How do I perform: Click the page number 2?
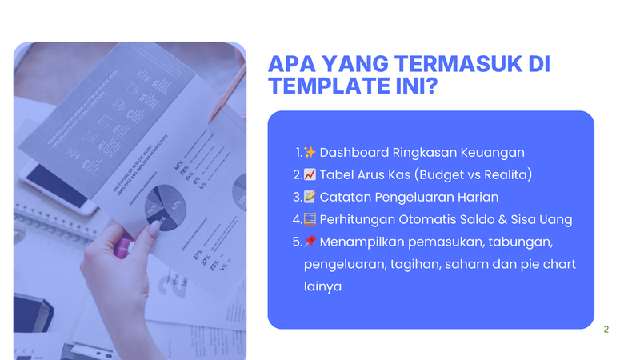click(606, 329)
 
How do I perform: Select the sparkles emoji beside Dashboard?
click(310, 152)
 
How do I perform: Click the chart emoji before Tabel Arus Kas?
click(310, 174)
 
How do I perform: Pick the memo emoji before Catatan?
click(310, 197)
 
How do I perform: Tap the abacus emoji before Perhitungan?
click(310, 219)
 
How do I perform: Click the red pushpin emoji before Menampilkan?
click(310, 242)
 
